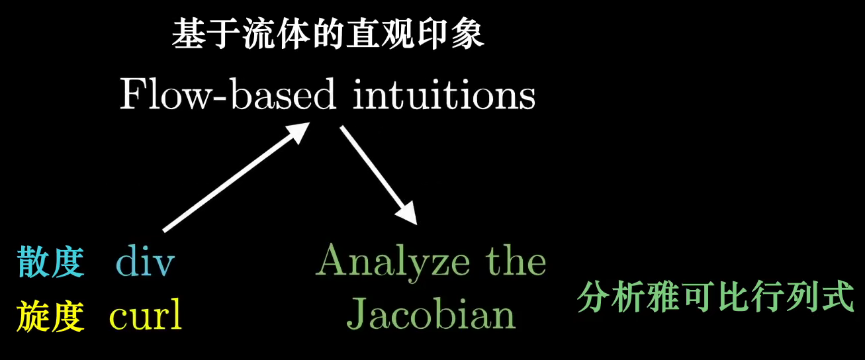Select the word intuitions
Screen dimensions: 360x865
click(x=444, y=97)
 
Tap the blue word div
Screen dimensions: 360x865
click(x=145, y=263)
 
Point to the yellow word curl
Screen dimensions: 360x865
click(x=146, y=317)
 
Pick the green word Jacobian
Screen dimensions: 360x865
click(x=431, y=316)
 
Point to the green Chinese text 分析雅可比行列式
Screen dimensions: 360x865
click(x=716, y=298)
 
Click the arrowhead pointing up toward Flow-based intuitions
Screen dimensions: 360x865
click(x=298, y=132)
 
